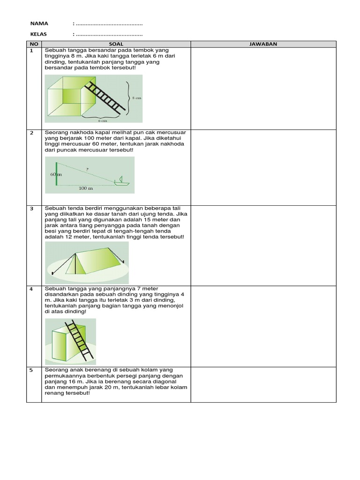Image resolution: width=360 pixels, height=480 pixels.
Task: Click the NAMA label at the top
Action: click(39, 23)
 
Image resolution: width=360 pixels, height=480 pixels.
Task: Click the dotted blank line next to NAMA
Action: click(109, 23)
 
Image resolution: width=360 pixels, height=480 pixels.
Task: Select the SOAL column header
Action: click(116, 44)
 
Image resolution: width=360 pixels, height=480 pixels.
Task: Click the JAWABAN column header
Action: click(263, 44)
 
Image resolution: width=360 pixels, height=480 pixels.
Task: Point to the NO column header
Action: click(34, 44)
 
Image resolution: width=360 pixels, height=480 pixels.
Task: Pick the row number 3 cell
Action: click(32, 209)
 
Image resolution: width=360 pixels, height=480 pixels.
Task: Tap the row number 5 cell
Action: click(32, 370)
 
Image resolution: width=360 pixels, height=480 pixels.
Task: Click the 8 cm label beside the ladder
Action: click(136, 98)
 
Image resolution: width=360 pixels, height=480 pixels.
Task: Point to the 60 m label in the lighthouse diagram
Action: click(55, 174)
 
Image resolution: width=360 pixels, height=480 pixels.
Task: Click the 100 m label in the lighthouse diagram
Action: click(85, 188)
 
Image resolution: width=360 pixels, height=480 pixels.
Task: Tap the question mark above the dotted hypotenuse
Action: click(87, 169)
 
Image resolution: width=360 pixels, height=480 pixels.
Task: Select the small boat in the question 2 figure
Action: click(121, 181)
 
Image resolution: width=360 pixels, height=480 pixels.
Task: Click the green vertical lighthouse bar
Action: click(57, 174)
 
